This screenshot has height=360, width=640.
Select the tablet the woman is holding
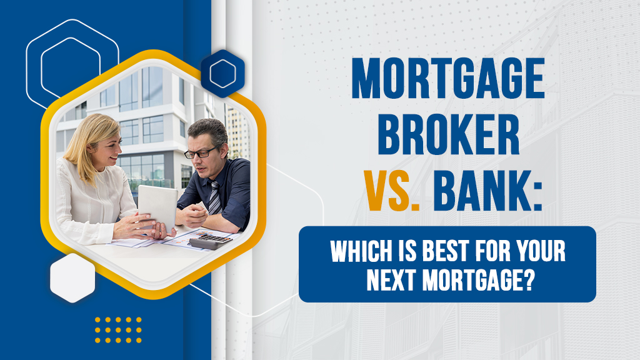tap(157, 207)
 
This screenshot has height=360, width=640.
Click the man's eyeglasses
tap(201, 152)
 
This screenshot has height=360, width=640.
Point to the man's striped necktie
tap(214, 196)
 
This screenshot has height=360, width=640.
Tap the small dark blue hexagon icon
tap(222, 74)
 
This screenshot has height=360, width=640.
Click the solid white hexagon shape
tap(72, 278)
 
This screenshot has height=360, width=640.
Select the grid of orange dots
tap(118, 329)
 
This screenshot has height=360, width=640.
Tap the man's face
tap(204, 154)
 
